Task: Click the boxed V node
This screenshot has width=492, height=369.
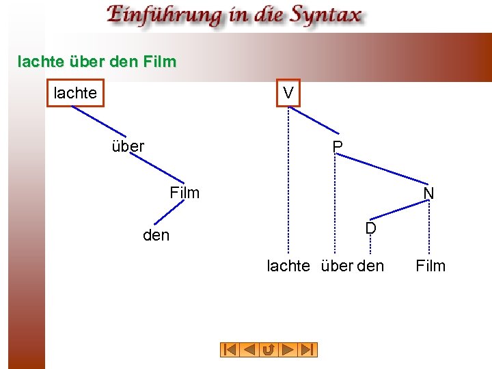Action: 288,93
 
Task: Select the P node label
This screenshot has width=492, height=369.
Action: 337,147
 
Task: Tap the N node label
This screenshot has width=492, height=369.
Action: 428,194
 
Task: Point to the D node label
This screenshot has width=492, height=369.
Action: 370,228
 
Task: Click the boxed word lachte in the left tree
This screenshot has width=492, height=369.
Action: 75,93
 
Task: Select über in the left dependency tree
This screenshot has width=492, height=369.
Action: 128,146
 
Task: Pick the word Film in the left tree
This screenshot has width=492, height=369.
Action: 184,193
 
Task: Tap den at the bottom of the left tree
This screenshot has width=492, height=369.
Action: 156,236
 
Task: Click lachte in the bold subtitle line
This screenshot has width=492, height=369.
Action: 41,61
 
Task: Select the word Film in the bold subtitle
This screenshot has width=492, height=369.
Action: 161,61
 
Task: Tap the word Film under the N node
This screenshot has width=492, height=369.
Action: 430,266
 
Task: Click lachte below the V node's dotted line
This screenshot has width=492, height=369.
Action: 288,266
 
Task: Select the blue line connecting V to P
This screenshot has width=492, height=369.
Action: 316,121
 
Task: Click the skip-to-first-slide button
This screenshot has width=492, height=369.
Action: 230,350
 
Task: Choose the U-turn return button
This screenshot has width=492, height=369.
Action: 269,350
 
